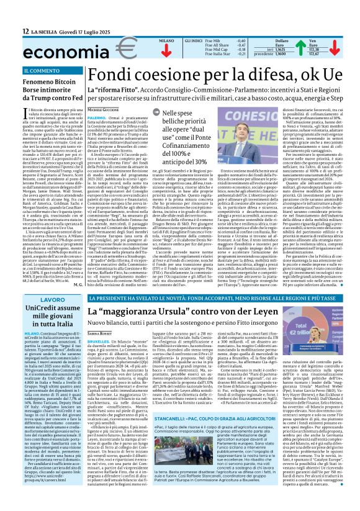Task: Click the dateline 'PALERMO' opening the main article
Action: [96, 117]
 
